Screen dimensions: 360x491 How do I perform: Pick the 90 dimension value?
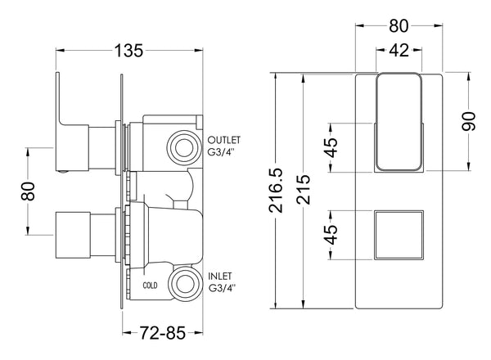click(468, 123)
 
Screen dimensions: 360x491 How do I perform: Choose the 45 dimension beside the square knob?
click(331, 235)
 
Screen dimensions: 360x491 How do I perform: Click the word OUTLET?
click(226, 139)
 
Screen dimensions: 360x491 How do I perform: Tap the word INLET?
click(222, 277)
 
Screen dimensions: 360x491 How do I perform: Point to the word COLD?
click(150, 286)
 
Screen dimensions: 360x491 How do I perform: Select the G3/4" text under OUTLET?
click(226, 152)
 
